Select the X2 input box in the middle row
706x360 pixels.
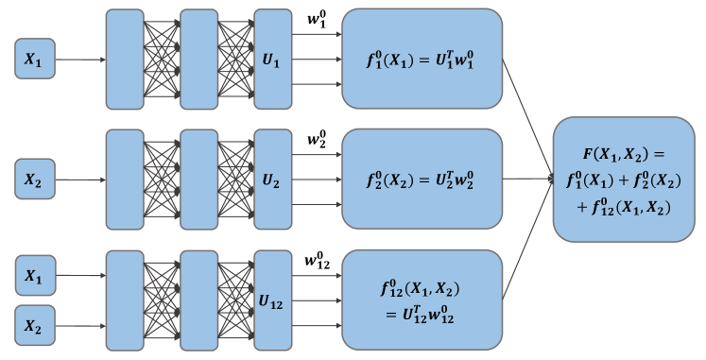(x=33, y=178)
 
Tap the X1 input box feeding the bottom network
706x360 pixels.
(x=33, y=277)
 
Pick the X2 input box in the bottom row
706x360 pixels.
(x=33, y=326)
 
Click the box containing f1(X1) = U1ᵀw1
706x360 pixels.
(x=422, y=59)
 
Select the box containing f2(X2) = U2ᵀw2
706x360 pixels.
(x=422, y=179)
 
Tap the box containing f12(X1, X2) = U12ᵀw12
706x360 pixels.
(x=422, y=300)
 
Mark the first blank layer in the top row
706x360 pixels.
(x=124, y=60)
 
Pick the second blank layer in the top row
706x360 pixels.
(x=198, y=60)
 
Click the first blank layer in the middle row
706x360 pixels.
(x=124, y=178)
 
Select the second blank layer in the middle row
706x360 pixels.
(x=198, y=178)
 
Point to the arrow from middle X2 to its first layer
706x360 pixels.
(x=79, y=178)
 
